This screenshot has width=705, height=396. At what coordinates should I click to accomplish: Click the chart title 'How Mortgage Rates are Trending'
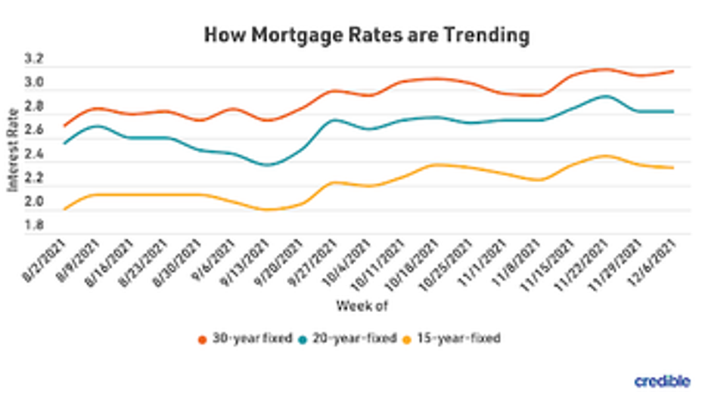[366, 36]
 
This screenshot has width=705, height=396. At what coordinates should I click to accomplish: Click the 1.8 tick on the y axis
[35, 225]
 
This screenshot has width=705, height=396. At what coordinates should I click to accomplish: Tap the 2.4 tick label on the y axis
[35, 154]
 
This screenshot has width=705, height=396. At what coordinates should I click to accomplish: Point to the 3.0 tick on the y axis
[35, 82]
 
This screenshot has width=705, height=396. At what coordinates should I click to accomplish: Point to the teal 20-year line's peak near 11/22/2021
[605, 96]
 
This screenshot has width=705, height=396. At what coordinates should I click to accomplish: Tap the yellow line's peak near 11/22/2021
[605, 156]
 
